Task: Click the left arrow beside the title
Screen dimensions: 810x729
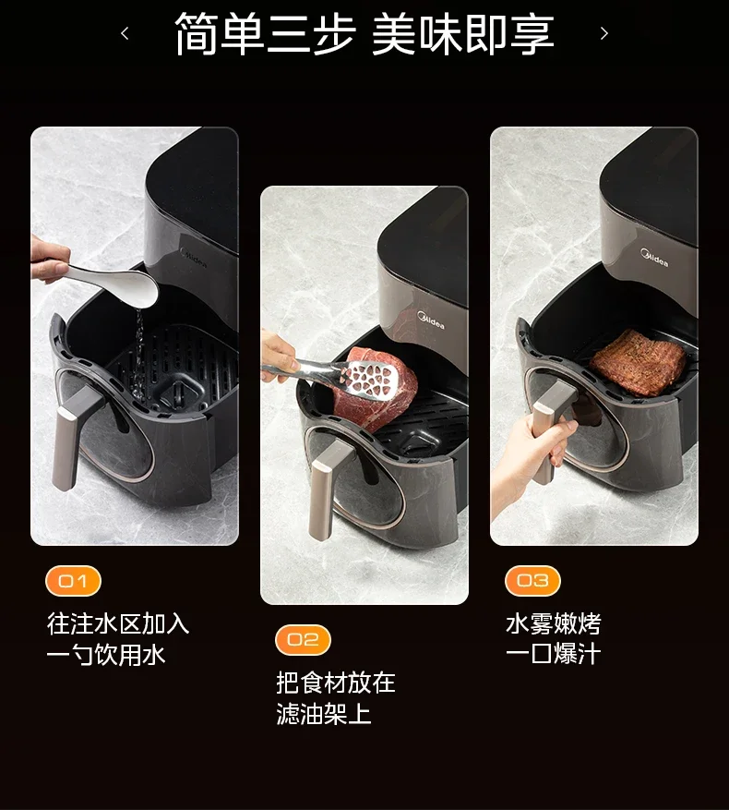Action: click(125, 34)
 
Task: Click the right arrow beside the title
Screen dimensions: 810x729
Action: click(604, 34)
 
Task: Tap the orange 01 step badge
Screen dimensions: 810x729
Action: click(73, 581)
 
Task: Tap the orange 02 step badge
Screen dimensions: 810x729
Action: click(303, 639)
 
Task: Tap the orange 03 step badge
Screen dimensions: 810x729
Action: click(532, 581)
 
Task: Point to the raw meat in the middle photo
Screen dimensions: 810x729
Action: click(374, 383)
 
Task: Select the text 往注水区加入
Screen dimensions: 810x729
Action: click(118, 623)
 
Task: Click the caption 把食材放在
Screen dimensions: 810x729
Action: click(336, 683)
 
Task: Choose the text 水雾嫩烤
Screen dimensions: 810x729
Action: click(553, 623)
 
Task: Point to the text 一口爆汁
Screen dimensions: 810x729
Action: click(553, 654)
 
